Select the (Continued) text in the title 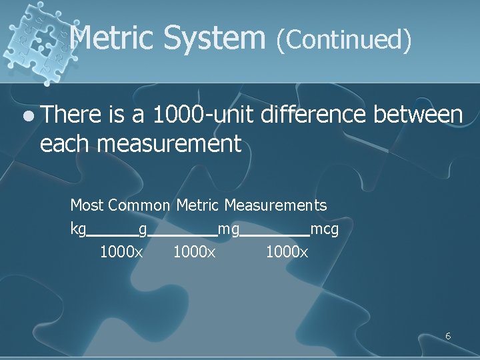343,39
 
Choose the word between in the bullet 418,115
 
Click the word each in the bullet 66,143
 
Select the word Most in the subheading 87,205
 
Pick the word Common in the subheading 139,205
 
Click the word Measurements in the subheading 275,205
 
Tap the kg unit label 78,230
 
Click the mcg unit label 325,230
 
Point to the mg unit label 229,230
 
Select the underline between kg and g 112,235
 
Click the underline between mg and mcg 275,235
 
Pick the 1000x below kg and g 121,253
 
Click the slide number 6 448,336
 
